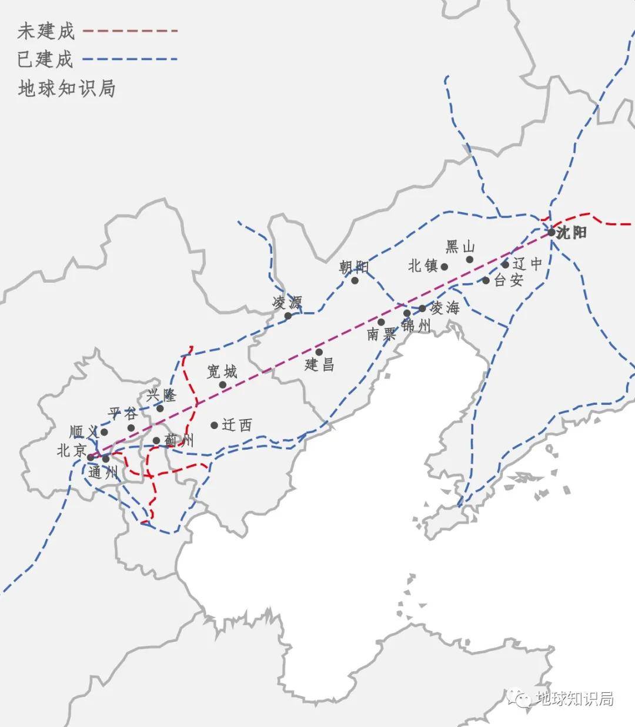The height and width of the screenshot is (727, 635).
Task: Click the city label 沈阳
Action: click(572, 233)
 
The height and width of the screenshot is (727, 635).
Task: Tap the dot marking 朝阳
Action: click(355, 280)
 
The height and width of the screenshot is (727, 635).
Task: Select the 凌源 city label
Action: click(287, 303)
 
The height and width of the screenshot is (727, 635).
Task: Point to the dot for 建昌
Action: click(319, 351)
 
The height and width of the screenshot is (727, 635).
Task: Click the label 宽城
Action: click(222, 371)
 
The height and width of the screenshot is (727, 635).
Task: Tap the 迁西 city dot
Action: click(215, 425)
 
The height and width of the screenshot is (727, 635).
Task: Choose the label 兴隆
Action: click(162, 395)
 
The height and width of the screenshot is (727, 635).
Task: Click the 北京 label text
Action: click(72, 450)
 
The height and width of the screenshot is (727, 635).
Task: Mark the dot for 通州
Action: click(106, 458)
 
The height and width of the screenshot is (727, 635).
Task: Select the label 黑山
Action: click(460, 247)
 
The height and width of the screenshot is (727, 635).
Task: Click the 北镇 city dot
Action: click(444, 266)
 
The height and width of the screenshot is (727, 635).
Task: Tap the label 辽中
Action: click(527, 264)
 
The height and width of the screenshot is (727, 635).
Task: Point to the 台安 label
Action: click(509, 280)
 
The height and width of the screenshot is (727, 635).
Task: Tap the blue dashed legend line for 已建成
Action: click(130, 59)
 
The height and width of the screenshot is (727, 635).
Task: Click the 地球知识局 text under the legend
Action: click(66, 88)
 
